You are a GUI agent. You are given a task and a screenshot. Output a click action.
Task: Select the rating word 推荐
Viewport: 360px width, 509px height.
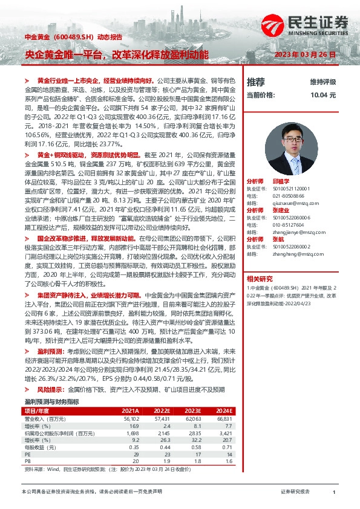coord(256,82)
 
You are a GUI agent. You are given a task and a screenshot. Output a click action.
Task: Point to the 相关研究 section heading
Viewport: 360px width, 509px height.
coord(260,278)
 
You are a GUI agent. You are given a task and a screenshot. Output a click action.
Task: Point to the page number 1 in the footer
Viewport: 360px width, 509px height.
coord(334,492)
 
